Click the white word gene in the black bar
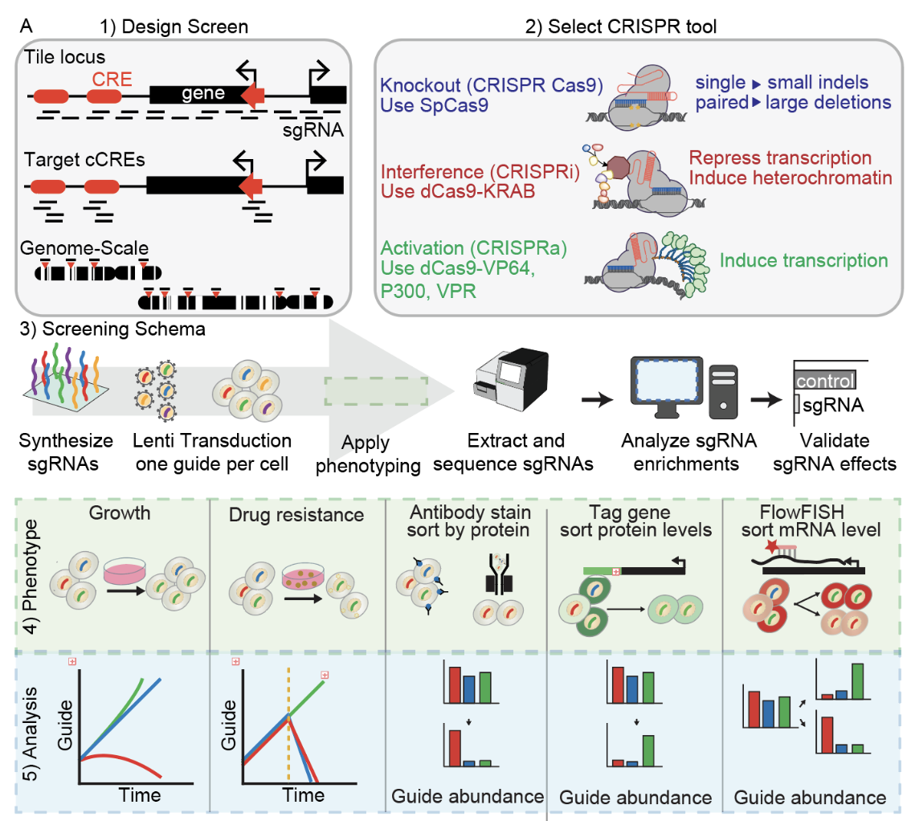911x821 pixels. (202, 94)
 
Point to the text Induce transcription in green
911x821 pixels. (803, 260)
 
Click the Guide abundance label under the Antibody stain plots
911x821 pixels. (467, 796)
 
